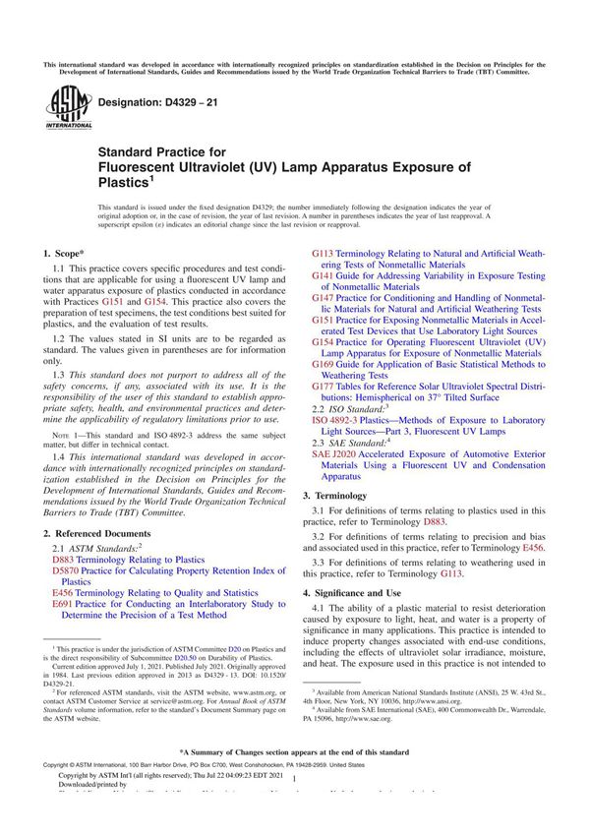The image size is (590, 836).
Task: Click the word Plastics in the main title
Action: [122, 183]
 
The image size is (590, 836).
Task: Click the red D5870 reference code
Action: [64, 570]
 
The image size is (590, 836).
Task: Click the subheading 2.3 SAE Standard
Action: [357, 442]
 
